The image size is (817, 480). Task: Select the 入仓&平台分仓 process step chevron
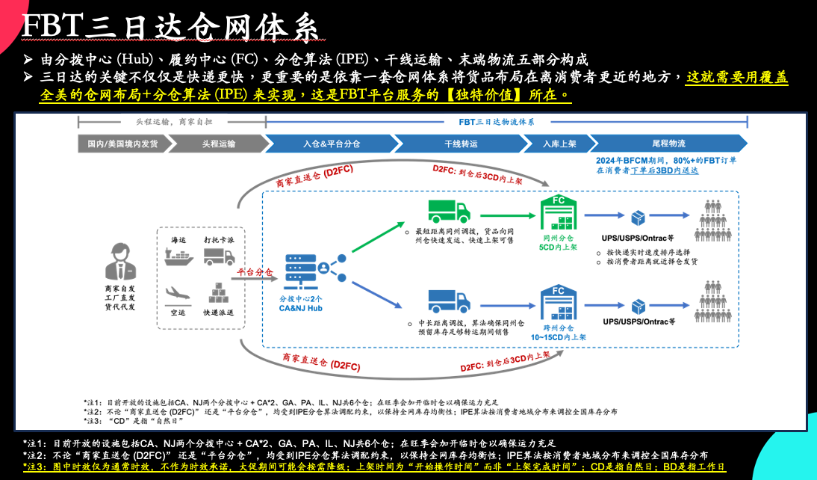(331, 144)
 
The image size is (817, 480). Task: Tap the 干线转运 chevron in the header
(461, 144)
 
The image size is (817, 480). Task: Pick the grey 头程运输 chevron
(217, 144)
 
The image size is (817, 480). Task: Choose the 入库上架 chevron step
(559, 144)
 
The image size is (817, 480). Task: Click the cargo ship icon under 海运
(178, 256)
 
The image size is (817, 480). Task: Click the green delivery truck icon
(449, 212)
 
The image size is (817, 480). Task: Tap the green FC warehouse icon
(559, 213)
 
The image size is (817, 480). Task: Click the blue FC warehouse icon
(559, 303)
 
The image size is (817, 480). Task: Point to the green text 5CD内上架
(558, 247)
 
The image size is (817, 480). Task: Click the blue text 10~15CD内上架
(558, 337)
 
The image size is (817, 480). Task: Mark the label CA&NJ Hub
(300, 307)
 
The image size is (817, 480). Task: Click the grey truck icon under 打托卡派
(218, 256)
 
